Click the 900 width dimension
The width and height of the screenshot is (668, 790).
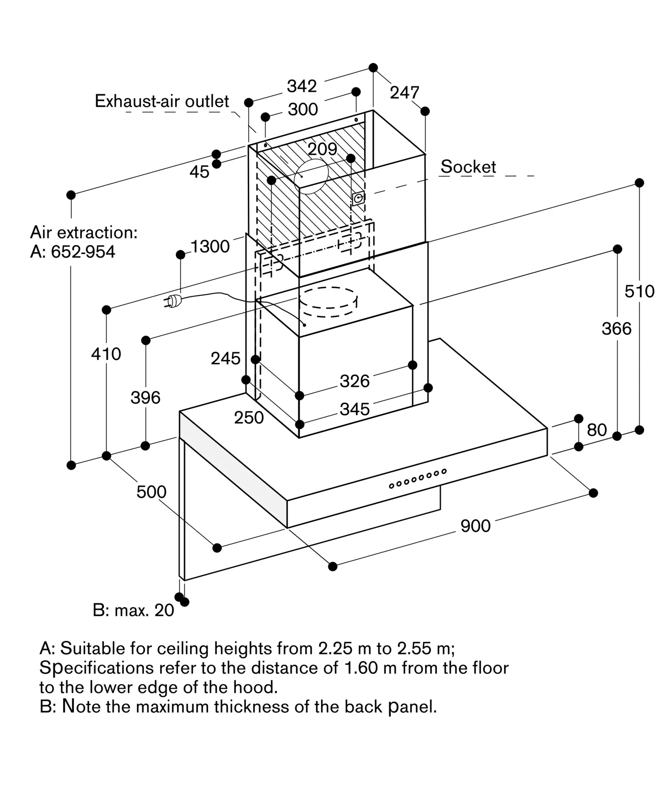coord(475,526)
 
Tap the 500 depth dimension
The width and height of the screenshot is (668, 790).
coord(151,492)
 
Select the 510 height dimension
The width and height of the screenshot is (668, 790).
coord(639,291)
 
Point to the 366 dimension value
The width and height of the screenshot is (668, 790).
coord(616,328)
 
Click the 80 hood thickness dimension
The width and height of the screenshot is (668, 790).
coord(596,430)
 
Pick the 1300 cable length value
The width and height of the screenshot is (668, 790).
coord(210,246)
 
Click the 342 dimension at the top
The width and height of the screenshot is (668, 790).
coord(302,86)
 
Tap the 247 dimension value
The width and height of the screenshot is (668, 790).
coord(404,93)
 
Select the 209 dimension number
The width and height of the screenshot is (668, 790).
coord(322,149)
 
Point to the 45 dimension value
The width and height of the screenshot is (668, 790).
coord(199,172)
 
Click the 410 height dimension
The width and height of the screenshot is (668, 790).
coord(106,354)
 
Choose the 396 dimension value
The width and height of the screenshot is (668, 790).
coord(145,397)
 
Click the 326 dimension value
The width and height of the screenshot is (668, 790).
coord(355,381)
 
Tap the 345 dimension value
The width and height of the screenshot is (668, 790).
coord(355,409)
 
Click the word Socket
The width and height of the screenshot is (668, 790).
coord(468,167)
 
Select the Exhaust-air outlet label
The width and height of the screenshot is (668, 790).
coord(162,102)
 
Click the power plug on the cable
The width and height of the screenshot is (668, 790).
coord(173,301)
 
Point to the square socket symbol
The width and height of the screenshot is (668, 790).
coord(358,198)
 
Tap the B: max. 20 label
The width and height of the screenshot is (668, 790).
coord(133,610)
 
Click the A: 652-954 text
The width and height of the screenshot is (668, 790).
coord(73,252)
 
